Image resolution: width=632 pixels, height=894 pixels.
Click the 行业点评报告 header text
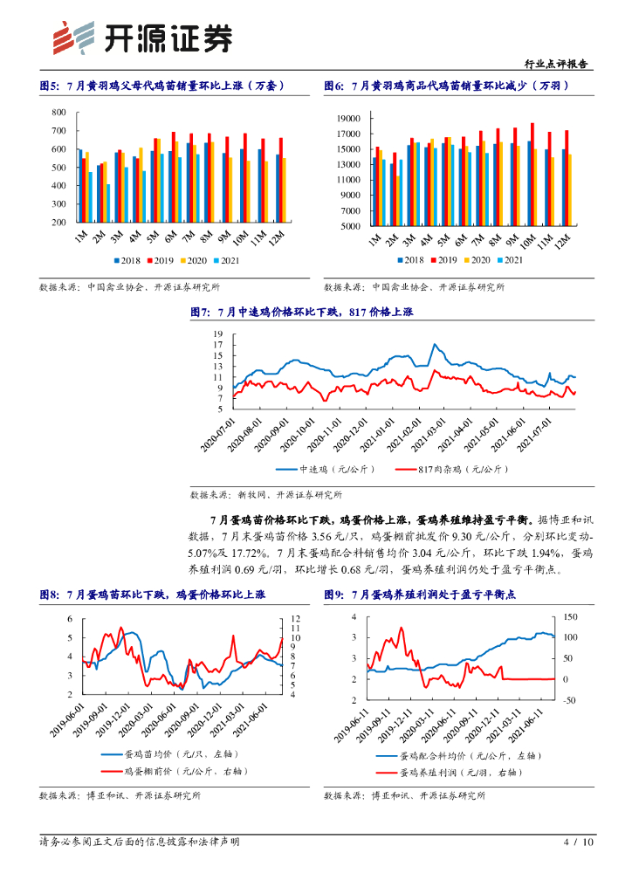click(559, 65)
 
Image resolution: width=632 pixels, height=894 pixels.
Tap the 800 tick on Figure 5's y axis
click(59, 113)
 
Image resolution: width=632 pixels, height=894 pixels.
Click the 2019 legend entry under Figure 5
click(163, 260)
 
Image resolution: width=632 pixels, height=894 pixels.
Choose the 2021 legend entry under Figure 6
click(510, 260)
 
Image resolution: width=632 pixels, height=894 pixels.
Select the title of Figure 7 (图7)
click(316, 312)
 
